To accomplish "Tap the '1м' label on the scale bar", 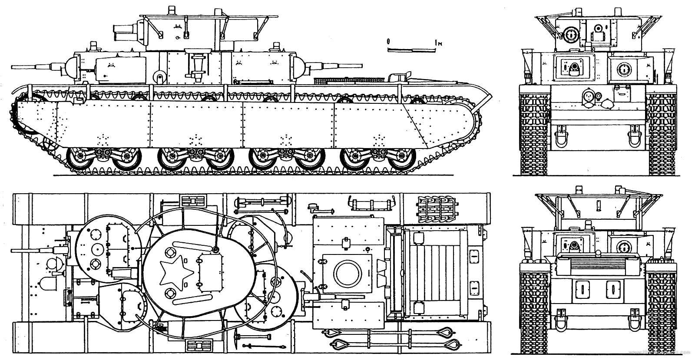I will (440, 43).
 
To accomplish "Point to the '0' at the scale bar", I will (389, 41).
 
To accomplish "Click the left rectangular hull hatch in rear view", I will (580, 288).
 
